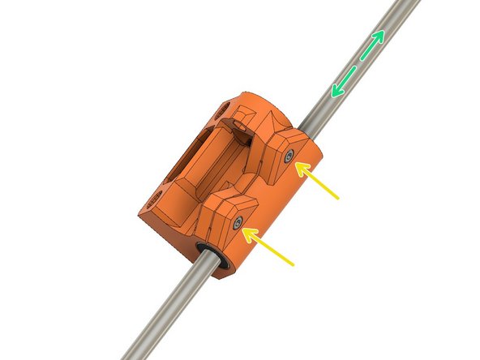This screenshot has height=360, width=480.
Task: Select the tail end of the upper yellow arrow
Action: (x=338, y=197)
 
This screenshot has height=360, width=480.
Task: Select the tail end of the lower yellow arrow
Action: (x=292, y=264)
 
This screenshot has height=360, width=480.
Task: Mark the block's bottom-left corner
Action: (x=143, y=219)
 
